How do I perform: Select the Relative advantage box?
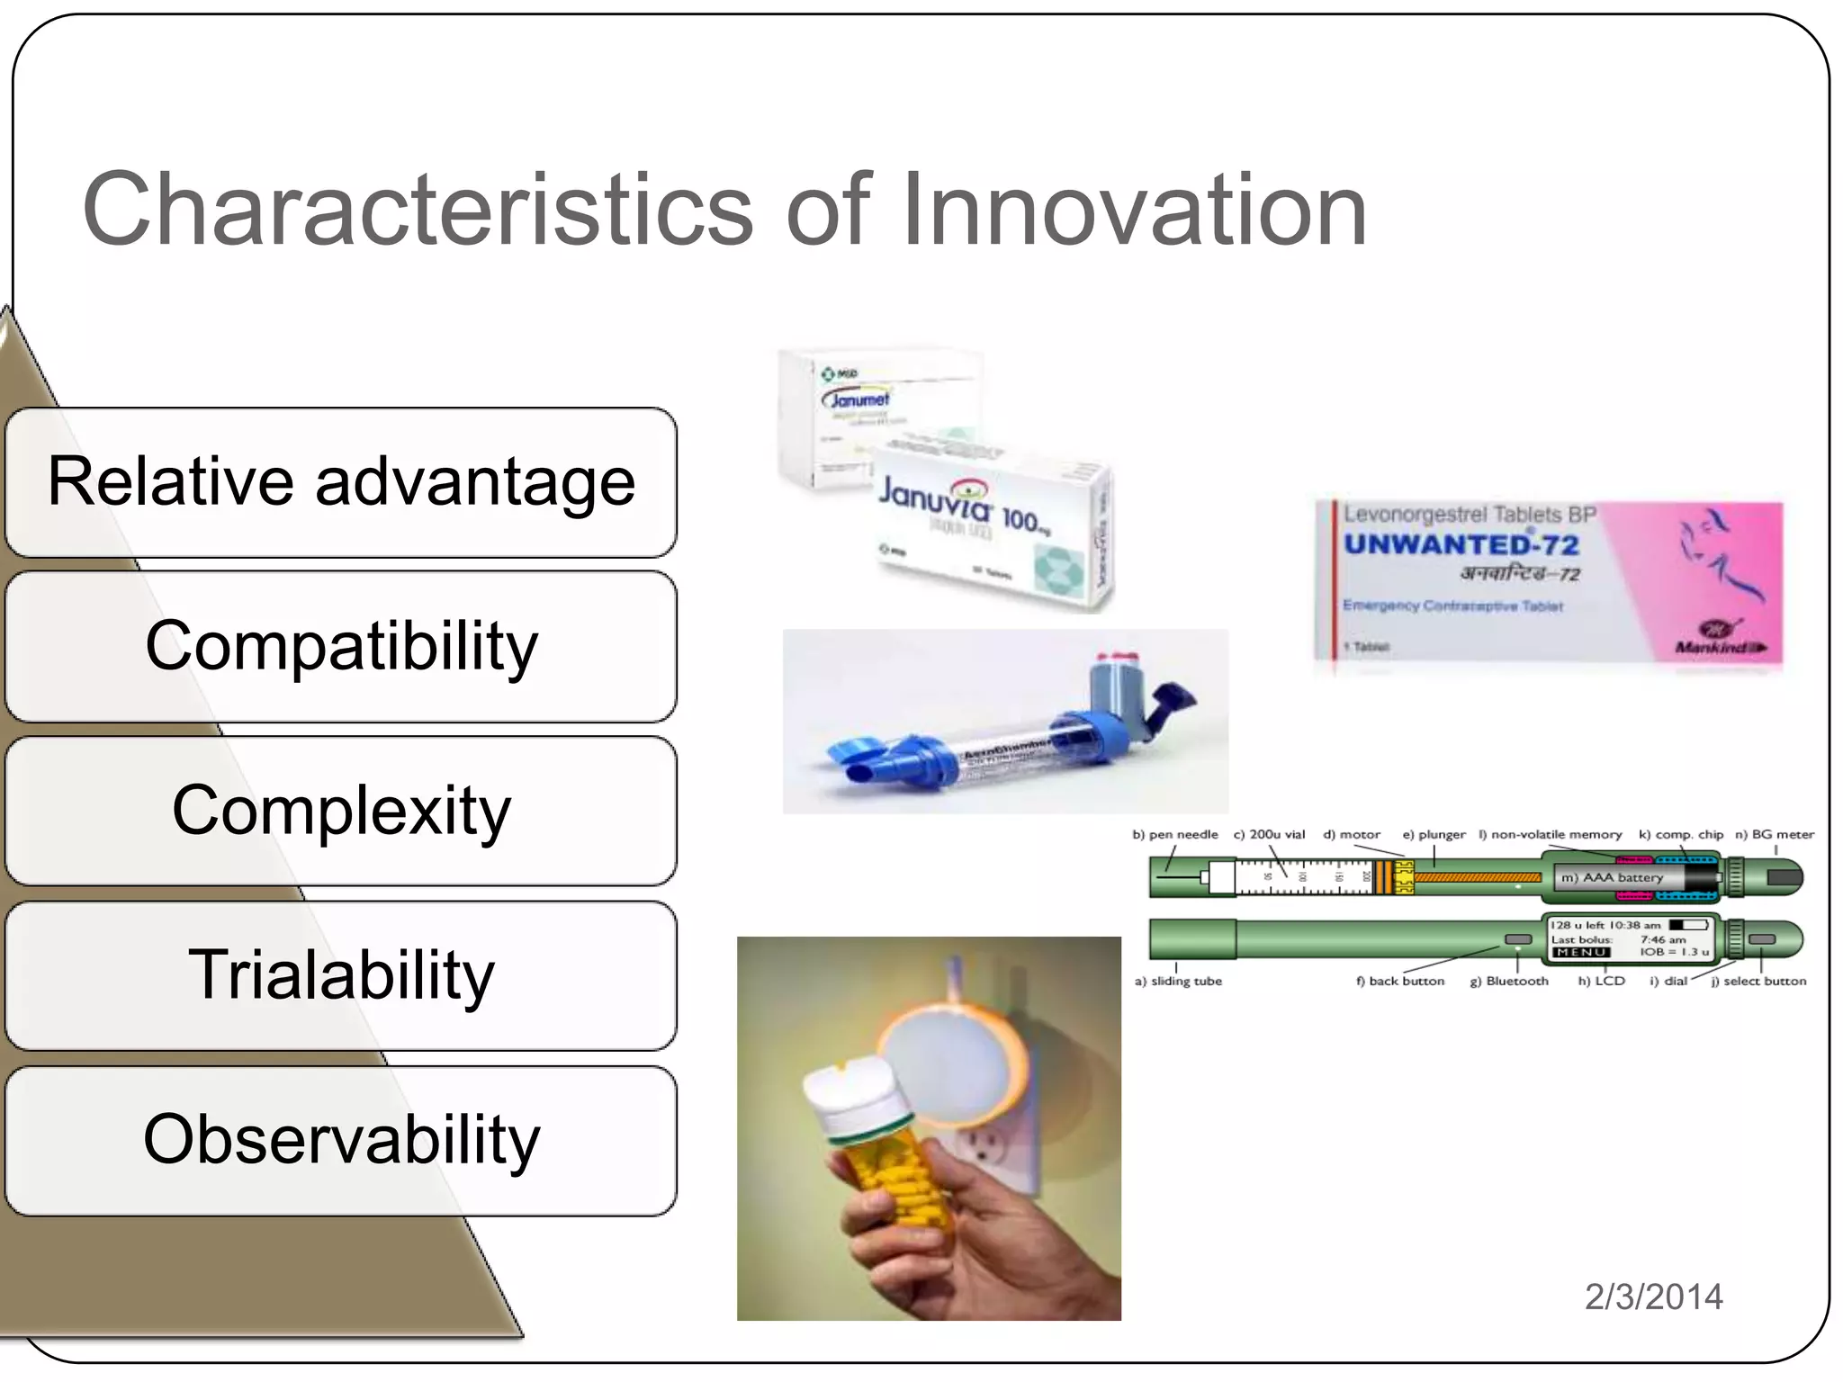tap(341, 482)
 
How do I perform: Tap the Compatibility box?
tap(341, 646)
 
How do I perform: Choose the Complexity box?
tap(341, 811)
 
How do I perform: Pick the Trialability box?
tap(341, 975)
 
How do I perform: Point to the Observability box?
tap(341, 1140)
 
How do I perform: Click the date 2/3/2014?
tap(1653, 1297)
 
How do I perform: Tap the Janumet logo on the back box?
tap(856, 399)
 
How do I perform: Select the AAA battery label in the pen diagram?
tap(1612, 877)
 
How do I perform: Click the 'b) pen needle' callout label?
tap(1174, 834)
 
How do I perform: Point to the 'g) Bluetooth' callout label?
tap(1509, 981)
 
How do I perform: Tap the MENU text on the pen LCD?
tap(1580, 952)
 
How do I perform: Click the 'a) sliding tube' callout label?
tap(1178, 981)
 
